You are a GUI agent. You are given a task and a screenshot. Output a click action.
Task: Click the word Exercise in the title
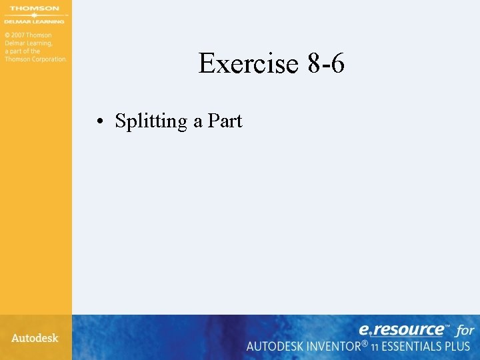click(x=247, y=64)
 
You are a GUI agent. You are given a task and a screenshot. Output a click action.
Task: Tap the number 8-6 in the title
click(x=326, y=64)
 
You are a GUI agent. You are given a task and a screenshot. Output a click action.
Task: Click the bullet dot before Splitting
click(x=98, y=122)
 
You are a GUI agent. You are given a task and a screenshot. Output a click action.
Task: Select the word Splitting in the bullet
click(x=151, y=121)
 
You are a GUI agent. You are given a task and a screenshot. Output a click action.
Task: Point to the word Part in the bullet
click(x=225, y=121)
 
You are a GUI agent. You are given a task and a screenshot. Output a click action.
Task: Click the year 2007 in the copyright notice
click(x=19, y=35)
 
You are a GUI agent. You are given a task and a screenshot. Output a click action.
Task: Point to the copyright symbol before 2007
click(x=7, y=35)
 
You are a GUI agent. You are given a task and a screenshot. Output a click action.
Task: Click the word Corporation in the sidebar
click(x=48, y=59)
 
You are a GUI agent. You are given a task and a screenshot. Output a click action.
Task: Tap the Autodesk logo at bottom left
click(x=35, y=338)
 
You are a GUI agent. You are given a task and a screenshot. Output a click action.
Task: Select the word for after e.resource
click(x=465, y=330)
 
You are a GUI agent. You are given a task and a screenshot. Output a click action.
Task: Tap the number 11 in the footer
click(x=376, y=347)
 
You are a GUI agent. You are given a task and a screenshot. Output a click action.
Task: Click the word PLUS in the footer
click(x=458, y=346)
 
